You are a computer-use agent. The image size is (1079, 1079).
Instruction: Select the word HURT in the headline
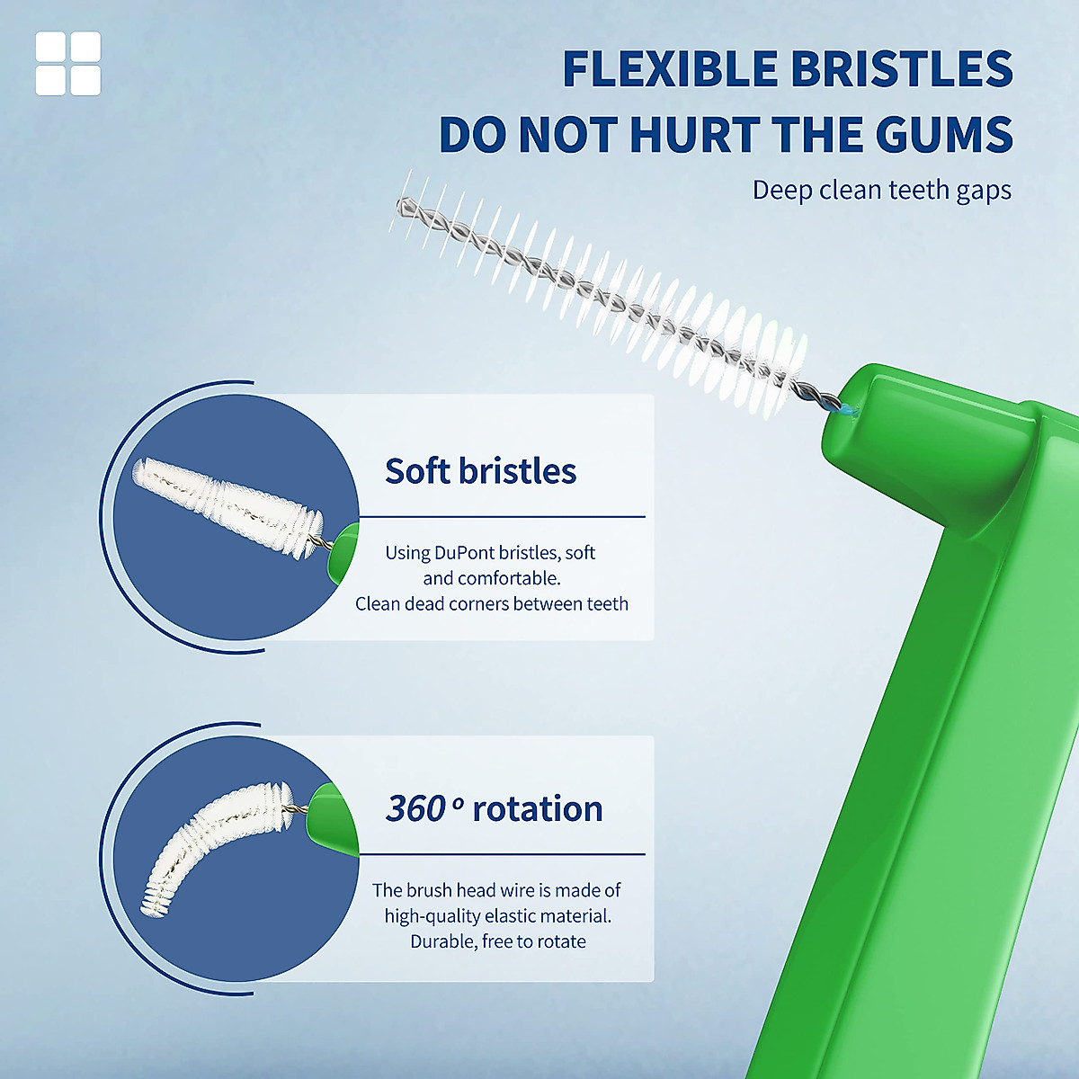click(x=693, y=135)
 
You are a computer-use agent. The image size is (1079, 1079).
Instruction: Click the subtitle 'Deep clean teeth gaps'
click(x=881, y=191)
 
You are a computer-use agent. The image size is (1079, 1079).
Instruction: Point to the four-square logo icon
click(x=68, y=64)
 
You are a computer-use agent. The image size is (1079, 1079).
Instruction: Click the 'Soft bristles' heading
click(x=480, y=471)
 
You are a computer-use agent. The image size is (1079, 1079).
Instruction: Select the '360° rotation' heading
click(x=494, y=809)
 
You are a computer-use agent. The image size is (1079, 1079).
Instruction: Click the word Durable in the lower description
click(x=441, y=941)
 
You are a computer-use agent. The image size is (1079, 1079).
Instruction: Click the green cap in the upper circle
click(x=343, y=554)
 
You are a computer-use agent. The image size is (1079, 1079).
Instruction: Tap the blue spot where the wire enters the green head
click(x=845, y=411)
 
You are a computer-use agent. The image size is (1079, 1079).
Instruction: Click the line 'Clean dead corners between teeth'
click(x=492, y=604)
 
